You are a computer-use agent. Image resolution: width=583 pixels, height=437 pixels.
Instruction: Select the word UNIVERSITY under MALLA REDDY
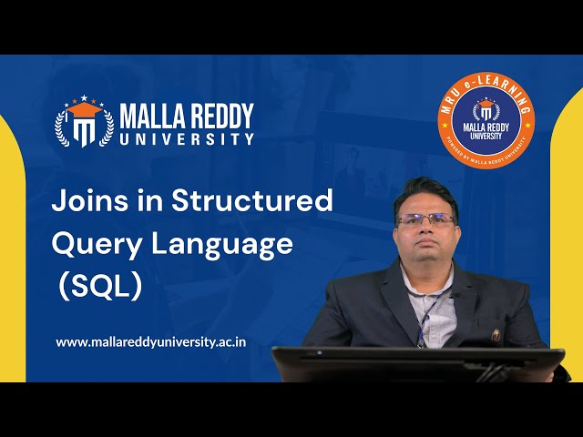tap(187, 139)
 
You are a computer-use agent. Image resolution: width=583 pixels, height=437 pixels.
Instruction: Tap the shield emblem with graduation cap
tap(84, 122)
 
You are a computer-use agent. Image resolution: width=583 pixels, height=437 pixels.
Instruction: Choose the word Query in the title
tap(90, 244)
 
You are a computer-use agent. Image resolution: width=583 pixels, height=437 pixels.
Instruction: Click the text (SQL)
tap(99, 286)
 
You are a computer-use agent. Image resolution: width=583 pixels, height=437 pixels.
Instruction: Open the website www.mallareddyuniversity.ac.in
tap(151, 342)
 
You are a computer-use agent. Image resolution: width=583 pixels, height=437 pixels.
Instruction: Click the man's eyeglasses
tap(425, 219)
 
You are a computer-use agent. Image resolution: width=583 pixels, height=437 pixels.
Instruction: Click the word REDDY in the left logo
tap(219, 116)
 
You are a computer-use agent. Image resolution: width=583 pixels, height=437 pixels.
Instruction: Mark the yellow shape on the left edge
tap(12, 246)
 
